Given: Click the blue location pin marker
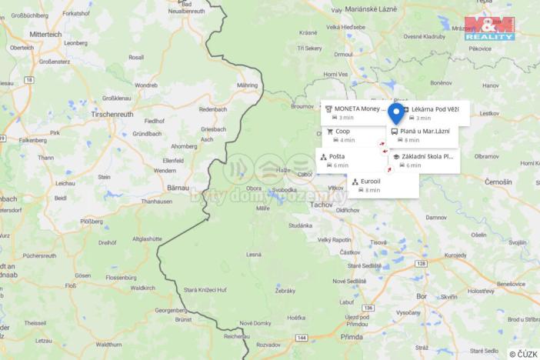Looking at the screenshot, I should click(x=396, y=114).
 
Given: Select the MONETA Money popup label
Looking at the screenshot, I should click(x=358, y=109).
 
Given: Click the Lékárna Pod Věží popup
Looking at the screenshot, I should click(x=435, y=109).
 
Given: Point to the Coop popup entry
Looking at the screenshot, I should click(x=342, y=132).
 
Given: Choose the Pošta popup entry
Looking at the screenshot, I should click(x=337, y=157).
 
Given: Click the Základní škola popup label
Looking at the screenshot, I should click(x=427, y=156).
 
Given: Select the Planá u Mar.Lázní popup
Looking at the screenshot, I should click(x=425, y=132).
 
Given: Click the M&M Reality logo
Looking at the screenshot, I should click(x=489, y=28).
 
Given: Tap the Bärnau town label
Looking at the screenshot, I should click(x=178, y=187).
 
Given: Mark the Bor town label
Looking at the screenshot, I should click(x=422, y=295).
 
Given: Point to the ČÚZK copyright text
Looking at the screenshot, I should click(x=523, y=354).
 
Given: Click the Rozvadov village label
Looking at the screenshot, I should click(x=268, y=344).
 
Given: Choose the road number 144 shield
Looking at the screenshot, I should click(x=302, y=337).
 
